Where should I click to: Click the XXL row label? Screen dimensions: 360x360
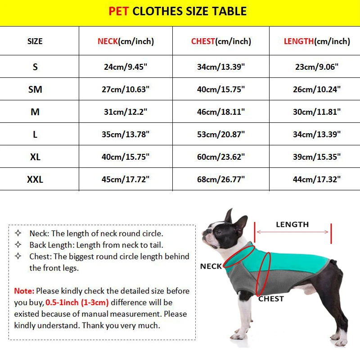click(35, 180)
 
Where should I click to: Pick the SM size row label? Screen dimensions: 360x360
click(35, 90)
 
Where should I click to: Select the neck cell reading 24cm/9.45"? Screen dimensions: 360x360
click(126, 67)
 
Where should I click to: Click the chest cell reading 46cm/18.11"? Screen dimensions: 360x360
click(220, 112)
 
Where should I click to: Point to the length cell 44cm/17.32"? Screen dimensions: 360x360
click(316, 180)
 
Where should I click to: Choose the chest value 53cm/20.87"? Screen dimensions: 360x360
click(220, 135)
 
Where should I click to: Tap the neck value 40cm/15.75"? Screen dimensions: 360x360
click(126, 157)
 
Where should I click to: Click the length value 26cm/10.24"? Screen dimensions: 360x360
click(316, 90)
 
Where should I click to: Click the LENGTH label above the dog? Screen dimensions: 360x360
click(292, 224)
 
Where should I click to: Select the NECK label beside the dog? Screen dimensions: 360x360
click(211, 266)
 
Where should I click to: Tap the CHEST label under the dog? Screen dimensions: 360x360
click(271, 298)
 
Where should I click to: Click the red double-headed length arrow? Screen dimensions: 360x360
click(292, 233)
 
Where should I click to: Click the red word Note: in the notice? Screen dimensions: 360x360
click(24, 291)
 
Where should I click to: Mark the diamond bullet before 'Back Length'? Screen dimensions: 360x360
click(18, 245)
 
